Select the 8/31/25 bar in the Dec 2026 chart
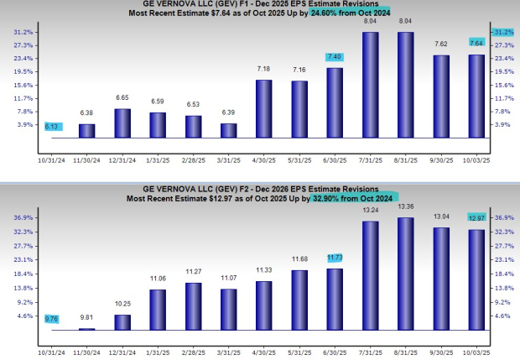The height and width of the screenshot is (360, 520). [405, 274]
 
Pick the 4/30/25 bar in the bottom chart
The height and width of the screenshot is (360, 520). [263, 305]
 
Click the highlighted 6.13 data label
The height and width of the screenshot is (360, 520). [52, 126]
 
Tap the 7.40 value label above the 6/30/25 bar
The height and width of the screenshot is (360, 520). [335, 56]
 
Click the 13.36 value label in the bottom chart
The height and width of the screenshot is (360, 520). [405, 206]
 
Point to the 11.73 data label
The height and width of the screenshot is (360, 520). [335, 258]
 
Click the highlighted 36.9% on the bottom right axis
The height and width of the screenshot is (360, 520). [505, 217]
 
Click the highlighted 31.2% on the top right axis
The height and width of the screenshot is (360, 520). [505, 32]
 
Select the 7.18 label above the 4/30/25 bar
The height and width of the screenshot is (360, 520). [263, 68]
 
